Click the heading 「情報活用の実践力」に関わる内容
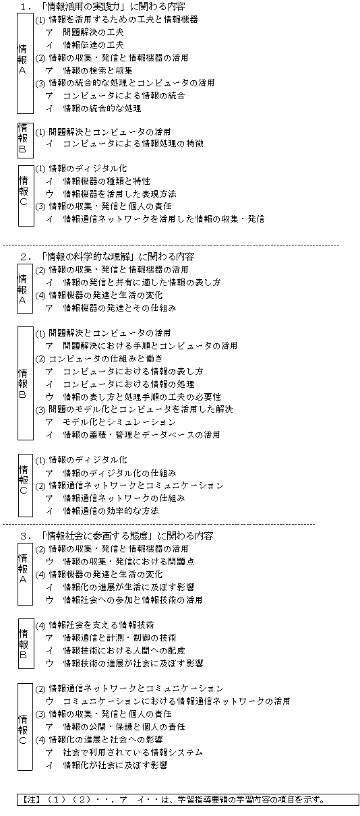113,6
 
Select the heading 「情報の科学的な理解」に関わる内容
117,257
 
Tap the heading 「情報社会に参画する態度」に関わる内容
127,536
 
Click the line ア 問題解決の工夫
85,32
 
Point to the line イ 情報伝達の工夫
85,45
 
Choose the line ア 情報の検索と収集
89,70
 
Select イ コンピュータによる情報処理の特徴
125,144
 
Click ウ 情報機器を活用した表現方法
111,194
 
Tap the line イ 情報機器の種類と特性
98,181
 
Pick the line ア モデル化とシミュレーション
111,422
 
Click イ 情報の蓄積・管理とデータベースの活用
133,434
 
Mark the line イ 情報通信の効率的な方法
102,511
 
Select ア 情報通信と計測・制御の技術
111,637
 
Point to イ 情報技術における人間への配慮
115,650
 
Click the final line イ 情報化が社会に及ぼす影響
107,765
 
